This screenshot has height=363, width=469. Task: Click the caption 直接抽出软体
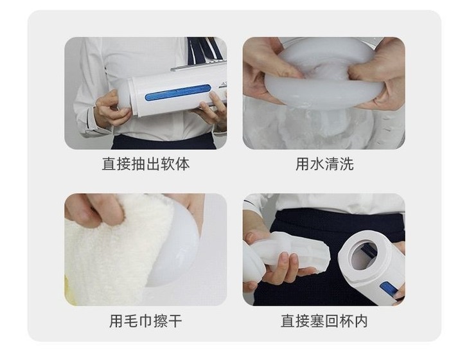point(146,164)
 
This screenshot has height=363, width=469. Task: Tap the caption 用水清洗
point(324,164)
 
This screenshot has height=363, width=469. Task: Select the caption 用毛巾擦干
point(146,321)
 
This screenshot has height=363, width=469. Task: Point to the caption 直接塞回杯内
point(324,321)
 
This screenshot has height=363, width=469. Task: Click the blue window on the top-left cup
point(178,93)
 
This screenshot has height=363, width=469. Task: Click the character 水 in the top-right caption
point(317,164)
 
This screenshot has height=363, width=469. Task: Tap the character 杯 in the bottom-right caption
point(346,321)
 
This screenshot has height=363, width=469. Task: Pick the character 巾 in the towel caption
point(146,321)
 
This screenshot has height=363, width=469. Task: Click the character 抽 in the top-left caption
point(138,164)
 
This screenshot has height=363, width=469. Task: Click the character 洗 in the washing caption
point(346,164)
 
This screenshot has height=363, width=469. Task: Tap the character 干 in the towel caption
point(175,321)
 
